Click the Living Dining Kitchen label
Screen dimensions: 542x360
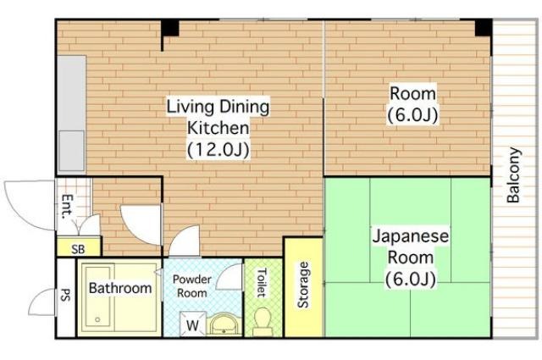[218, 128]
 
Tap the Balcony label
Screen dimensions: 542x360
[513, 175]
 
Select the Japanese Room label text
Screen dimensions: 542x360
[410, 258]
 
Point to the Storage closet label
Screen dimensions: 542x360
[303, 285]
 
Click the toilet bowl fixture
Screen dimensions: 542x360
[262, 321]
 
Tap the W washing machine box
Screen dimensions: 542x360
[193, 324]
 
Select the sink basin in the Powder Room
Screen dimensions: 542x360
[224, 325]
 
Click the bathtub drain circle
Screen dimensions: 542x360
[97, 319]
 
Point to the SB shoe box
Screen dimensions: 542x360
[79, 246]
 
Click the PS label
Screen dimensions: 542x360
[65, 295]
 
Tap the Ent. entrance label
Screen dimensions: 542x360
[68, 207]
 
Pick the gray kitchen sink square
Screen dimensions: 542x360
[71, 151]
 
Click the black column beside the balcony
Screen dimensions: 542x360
[484, 28]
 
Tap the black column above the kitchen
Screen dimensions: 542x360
[170, 28]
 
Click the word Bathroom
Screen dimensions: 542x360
[120, 288]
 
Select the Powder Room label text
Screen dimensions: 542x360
[192, 286]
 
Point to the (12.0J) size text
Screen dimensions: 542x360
[218, 150]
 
